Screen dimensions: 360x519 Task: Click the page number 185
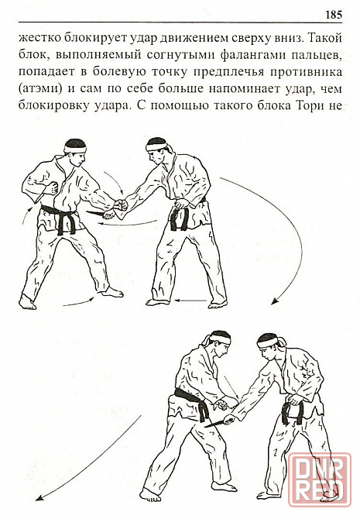point(333,15)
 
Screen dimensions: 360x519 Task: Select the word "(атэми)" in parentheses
point(40,89)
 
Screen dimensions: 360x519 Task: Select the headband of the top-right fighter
point(156,146)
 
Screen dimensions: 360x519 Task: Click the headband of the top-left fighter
point(75,147)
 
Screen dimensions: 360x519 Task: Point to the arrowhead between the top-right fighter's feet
point(177,301)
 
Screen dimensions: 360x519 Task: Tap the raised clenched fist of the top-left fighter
point(52,187)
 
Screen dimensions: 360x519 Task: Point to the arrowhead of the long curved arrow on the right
point(274,301)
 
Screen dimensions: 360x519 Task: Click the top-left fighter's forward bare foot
point(112,292)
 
